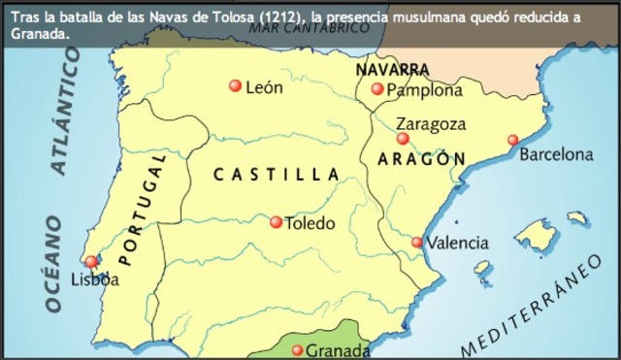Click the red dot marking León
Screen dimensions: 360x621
(235, 86)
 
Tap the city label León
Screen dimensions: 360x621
(264, 87)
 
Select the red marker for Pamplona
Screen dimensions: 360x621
(377, 89)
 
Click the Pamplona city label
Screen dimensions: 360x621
(424, 90)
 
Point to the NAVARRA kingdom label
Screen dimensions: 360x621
(393, 70)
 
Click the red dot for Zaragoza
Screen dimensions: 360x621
(403, 139)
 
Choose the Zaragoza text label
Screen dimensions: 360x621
(432, 124)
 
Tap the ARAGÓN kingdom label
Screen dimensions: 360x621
(422, 158)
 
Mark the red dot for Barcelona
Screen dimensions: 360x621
(513, 140)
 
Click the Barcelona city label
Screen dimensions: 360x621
(556, 154)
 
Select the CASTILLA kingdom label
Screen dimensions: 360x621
(276, 175)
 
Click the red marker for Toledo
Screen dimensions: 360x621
(277, 222)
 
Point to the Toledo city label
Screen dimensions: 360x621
(310, 223)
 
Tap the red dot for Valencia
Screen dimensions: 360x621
(417, 243)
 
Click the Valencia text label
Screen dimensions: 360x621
(457, 243)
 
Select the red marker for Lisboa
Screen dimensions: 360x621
(91, 261)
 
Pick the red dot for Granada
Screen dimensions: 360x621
(298, 350)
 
